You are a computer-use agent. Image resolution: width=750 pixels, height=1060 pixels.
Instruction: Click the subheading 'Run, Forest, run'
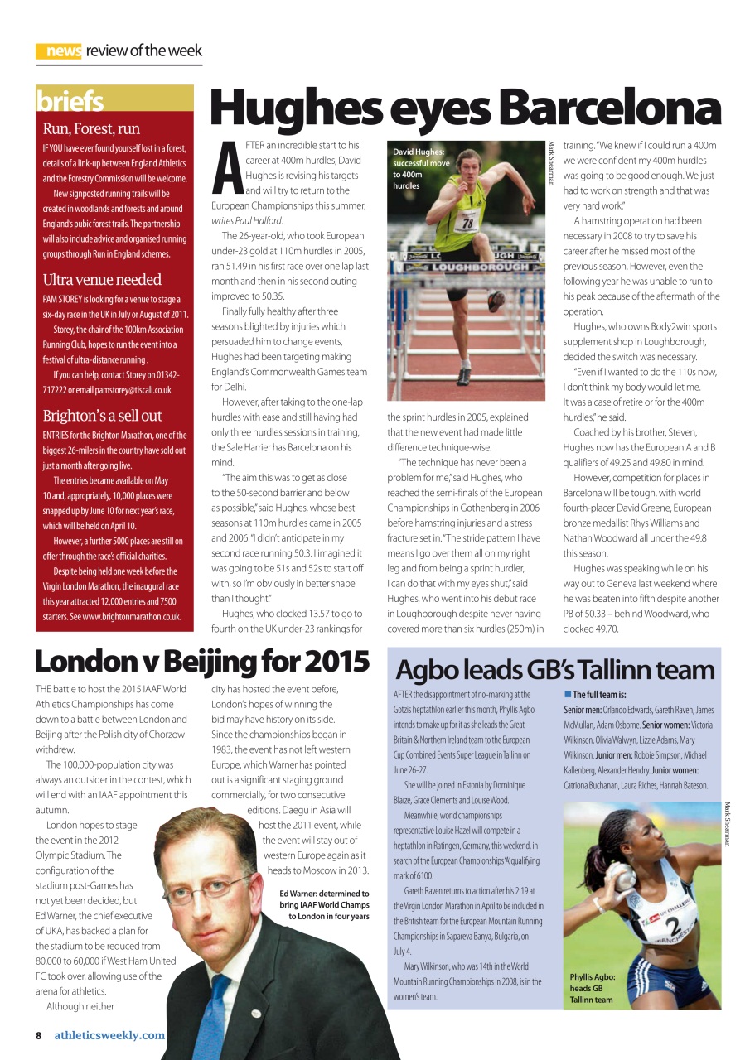91,128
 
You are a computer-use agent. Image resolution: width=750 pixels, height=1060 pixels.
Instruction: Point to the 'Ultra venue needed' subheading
102,279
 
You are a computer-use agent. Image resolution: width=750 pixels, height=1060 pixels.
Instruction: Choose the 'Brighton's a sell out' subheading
102,416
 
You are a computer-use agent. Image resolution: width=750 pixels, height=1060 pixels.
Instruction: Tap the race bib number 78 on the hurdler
469,222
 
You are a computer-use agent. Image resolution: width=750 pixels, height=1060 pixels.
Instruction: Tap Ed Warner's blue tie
208,1015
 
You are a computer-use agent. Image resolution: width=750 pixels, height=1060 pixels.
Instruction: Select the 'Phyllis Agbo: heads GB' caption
592,988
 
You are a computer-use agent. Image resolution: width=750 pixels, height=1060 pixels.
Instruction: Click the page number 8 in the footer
38,1035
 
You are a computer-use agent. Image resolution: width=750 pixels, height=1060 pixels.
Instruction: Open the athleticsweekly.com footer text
109,1035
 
